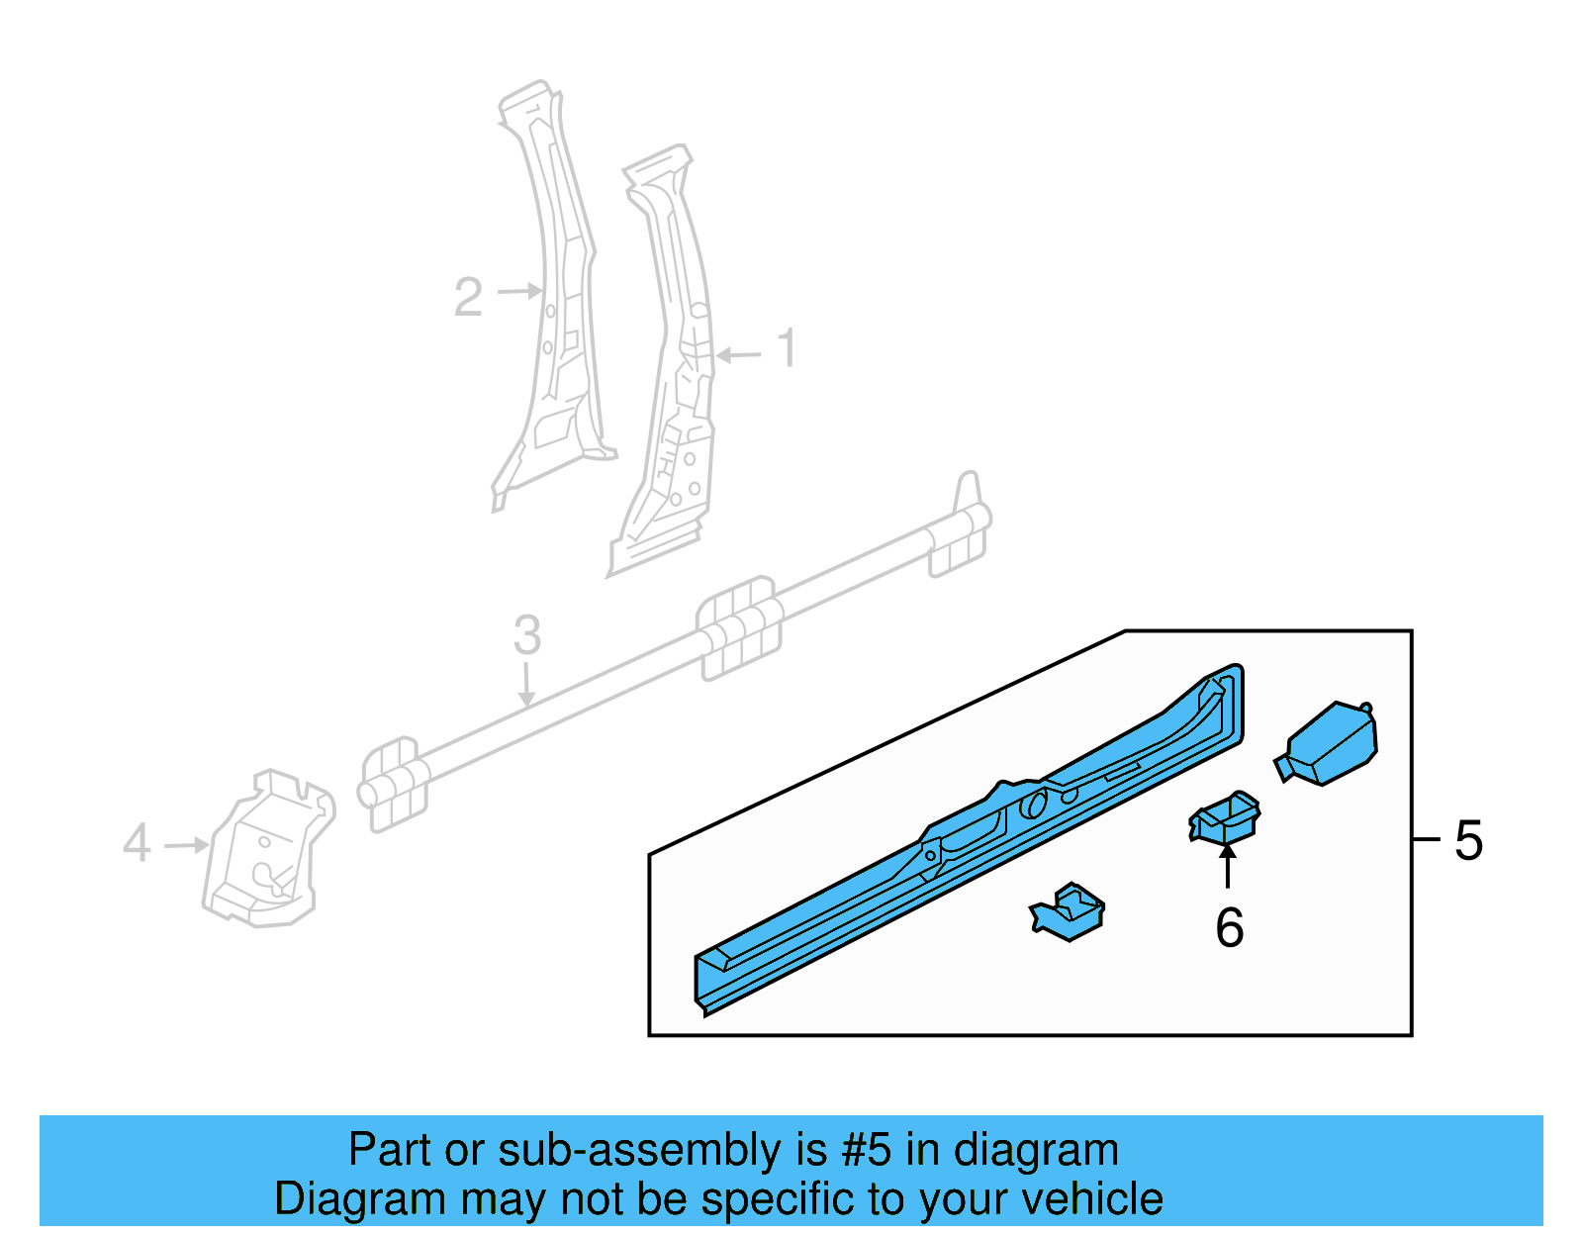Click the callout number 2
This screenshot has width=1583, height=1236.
[468, 297]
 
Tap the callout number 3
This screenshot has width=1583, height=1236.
[526, 634]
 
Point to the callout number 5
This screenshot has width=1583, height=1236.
[1468, 840]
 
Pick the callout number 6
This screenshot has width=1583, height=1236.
[1230, 928]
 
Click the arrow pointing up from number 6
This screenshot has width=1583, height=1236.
[1228, 865]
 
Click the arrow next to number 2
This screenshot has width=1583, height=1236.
[520, 291]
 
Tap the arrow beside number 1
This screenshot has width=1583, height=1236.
[739, 355]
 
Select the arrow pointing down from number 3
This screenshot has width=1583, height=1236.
[526, 684]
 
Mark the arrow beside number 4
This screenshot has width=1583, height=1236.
[187, 845]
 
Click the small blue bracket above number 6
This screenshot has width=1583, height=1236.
[1225, 818]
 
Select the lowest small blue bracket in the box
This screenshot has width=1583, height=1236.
[1068, 910]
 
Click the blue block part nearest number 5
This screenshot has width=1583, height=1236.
[1327, 743]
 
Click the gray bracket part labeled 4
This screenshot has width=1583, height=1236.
[269, 848]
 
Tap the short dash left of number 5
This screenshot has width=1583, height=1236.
[1427, 839]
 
